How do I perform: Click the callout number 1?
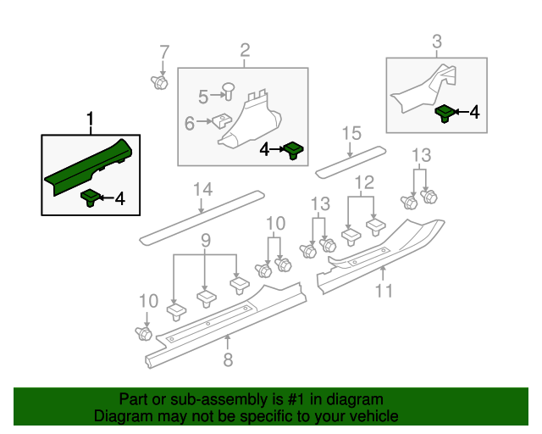[x=91, y=119]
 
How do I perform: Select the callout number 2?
[x=245, y=50]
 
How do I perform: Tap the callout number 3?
[x=437, y=42]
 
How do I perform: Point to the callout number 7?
[x=164, y=53]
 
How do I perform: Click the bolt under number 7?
[x=159, y=82]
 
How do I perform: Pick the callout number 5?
[x=203, y=97]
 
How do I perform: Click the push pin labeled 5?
[x=228, y=91]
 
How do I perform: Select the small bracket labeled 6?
[x=222, y=120]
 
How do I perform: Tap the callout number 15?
[x=351, y=133]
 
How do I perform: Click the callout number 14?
[x=202, y=189]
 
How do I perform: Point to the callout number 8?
[x=228, y=359]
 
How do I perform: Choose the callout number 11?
[x=384, y=291]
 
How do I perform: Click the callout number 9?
[x=206, y=240]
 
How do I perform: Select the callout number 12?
[x=364, y=182]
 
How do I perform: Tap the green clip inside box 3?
[x=445, y=114]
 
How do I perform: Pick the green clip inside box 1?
[x=91, y=198]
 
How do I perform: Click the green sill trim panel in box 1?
[x=88, y=167]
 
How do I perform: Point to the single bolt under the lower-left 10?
[x=143, y=333]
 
